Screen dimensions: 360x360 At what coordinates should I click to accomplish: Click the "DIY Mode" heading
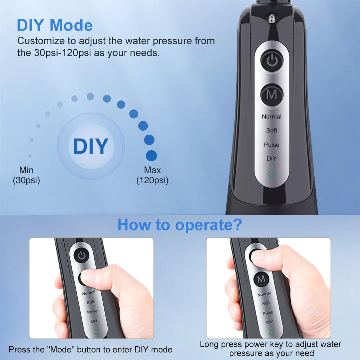coord(55,25)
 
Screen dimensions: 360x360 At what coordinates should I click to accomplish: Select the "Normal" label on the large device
coord(271,117)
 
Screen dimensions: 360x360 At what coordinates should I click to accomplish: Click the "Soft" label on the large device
coord(271,130)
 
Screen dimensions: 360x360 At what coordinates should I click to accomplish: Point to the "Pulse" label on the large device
coord(271,145)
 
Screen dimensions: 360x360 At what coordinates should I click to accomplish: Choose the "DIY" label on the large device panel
coord(271,159)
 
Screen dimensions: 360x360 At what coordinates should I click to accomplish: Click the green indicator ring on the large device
coord(271,175)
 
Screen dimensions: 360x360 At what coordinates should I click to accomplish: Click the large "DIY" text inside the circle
coord(90,146)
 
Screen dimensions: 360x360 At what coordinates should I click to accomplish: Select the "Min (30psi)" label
coord(26,175)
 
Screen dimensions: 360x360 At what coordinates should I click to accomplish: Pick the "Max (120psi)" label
coord(152,175)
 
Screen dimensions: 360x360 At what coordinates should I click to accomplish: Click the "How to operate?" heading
coord(180,225)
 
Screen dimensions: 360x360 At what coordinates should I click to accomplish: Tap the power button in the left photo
coord(82,256)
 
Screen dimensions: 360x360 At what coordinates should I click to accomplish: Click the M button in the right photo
coord(261,279)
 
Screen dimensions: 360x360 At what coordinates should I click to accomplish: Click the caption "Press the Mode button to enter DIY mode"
coord(90,349)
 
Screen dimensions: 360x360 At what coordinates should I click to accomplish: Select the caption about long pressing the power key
coord(270,349)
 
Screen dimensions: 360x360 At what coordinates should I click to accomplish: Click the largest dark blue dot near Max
coord(151,156)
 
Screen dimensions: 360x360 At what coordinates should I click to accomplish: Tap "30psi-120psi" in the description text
coord(60,53)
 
